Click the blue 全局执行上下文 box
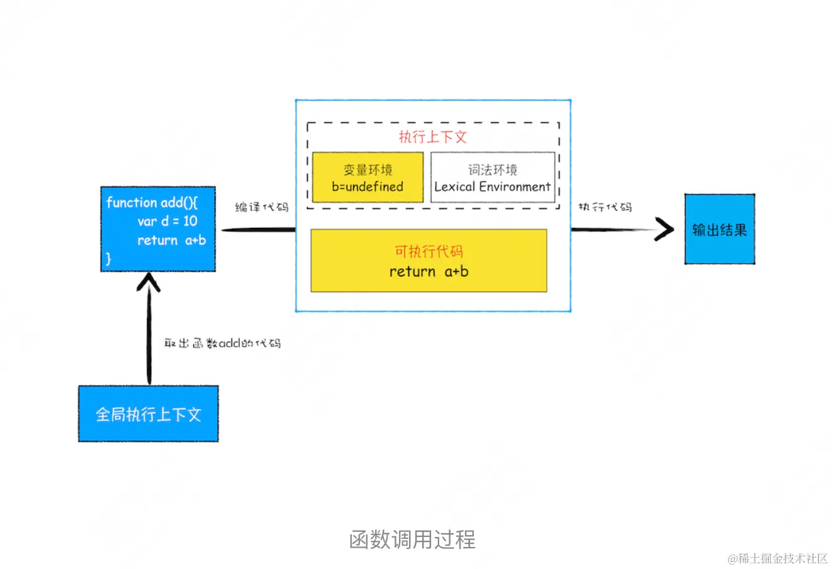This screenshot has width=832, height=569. [x=148, y=414]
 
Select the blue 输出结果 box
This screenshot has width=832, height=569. [x=719, y=229]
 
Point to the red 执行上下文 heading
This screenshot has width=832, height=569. [x=433, y=137]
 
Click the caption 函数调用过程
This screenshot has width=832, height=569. [x=412, y=539]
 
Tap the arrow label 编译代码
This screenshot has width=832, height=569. [x=262, y=207]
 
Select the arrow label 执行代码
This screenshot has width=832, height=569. [x=605, y=207]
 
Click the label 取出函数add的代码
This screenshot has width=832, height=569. [x=222, y=344]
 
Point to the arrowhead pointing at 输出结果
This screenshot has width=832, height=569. [x=664, y=230]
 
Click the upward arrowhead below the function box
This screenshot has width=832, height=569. [x=149, y=281]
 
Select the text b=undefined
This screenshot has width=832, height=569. [x=368, y=187]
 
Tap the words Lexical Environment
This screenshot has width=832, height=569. [x=493, y=187]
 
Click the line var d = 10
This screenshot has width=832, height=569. [x=167, y=221]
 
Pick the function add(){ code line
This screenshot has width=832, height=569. [x=152, y=202]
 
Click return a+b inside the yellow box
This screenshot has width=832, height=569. [x=429, y=271]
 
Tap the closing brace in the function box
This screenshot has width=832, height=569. [x=109, y=258]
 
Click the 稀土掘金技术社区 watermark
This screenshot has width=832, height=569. [x=777, y=558]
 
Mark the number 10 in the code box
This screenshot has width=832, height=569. [x=190, y=221]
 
